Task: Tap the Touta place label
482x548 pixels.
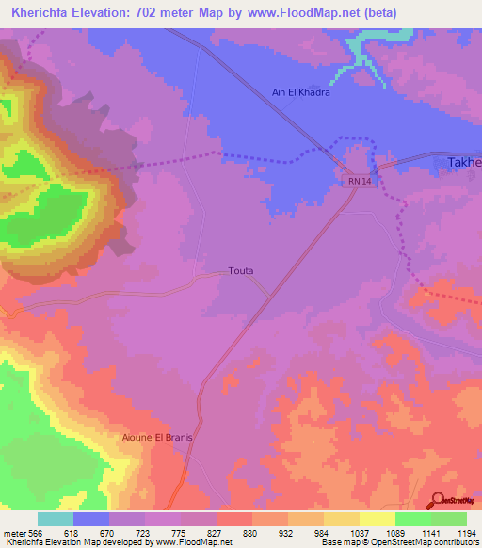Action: coord(241,271)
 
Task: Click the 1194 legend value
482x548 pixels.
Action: coord(465,532)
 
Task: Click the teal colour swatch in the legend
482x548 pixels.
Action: coord(56,519)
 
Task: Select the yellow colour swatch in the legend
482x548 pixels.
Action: coord(377,519)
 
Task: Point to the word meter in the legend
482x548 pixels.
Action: coord(15,532)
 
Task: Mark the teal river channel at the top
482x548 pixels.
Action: coord(362,52)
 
